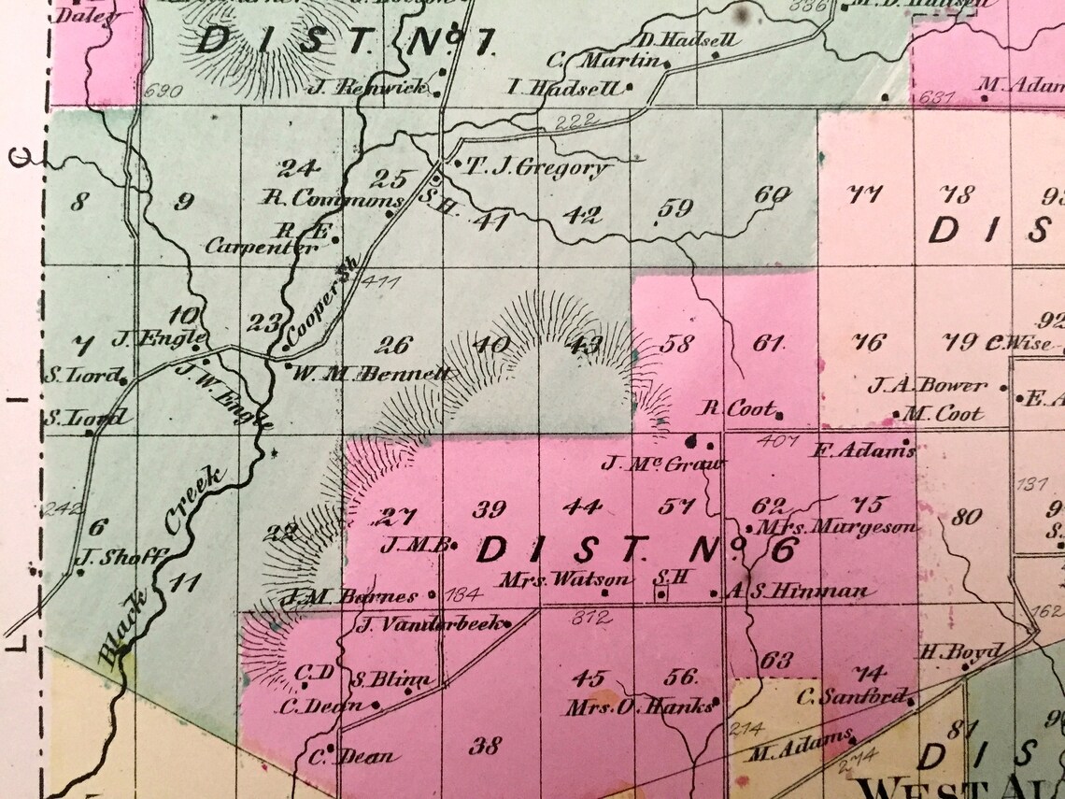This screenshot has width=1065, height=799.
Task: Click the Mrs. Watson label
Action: click(550, 579)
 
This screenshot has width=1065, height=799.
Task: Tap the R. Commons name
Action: click(333, 198)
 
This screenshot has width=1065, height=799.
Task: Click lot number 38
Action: click(485, 746)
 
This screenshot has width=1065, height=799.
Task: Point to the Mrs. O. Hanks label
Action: click(638, 706)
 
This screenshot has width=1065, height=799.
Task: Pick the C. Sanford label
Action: click(851, 696)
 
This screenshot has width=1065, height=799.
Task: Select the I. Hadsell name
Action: click(563, 89)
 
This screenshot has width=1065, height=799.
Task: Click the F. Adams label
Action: click(863, 450)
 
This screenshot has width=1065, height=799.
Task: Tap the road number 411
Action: click(378, 279)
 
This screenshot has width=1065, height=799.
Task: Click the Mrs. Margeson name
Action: click(839, 527)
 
